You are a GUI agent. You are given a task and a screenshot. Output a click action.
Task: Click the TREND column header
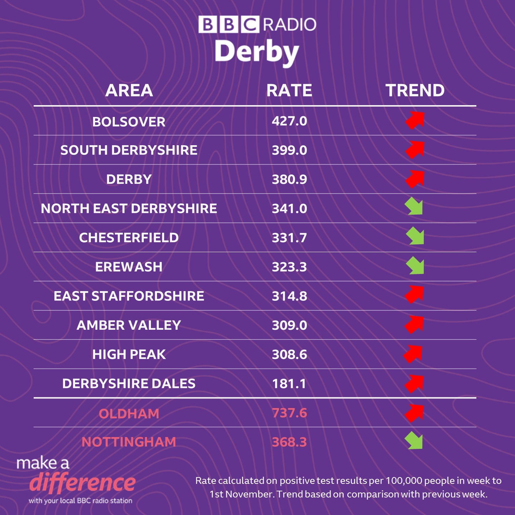tap(415, 90)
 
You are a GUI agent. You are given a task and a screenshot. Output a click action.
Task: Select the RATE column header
tap(289, 90)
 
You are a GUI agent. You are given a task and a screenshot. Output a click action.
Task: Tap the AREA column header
tap(129, 90)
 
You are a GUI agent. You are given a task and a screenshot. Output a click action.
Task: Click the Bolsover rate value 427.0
tap(289, 121)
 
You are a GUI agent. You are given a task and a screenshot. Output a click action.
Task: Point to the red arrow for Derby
tap(415, 179)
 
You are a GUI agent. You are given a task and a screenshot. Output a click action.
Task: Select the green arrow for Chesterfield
tap(415, 236)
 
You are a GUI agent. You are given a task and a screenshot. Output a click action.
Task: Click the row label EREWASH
tap(129, 267)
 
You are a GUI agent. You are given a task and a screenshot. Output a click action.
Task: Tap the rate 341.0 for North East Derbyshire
tap(289, 209)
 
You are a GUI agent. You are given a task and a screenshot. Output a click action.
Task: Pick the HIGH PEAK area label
tap(129, 354)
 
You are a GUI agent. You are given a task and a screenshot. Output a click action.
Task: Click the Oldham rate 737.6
tap(289, 413)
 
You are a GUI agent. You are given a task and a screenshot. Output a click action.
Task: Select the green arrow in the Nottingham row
tap(414, 441)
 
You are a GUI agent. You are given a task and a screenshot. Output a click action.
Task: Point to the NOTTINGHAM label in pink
tap(129, 442)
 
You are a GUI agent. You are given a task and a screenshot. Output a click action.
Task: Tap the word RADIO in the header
tap(290, 25)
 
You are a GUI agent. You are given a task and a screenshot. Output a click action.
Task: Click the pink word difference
tap(83, 483)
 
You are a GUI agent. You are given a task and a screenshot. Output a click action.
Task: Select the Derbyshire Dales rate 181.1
tap(289, 384)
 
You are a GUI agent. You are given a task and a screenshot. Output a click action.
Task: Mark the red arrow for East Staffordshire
tap(414, 294)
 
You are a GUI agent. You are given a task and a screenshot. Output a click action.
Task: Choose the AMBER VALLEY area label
tap(129, 325)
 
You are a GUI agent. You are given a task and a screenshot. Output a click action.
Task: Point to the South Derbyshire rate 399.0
tap(289, 150)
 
